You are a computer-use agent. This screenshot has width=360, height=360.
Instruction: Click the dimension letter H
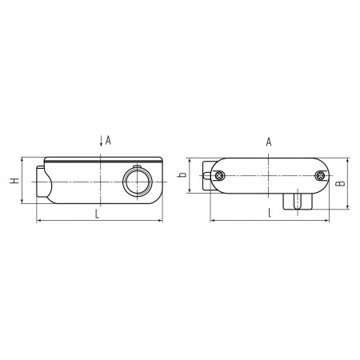click(15, 181)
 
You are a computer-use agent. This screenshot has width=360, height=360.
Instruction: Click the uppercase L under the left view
click(98, 214)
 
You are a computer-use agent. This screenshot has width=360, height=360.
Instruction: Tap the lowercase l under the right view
click(270, 213)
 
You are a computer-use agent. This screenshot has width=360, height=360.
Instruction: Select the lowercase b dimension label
click(182, 174)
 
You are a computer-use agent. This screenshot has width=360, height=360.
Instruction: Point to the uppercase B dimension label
click(340, 183)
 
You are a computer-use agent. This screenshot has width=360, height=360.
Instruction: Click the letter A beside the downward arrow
click(108, 140)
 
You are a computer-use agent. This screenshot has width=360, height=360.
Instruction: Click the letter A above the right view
click(269, 142)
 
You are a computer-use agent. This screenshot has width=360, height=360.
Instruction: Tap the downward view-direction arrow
click(101, 141)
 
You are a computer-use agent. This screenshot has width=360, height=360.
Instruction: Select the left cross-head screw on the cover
click(219, 176)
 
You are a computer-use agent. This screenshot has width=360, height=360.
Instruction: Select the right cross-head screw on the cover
click(320, 176)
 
